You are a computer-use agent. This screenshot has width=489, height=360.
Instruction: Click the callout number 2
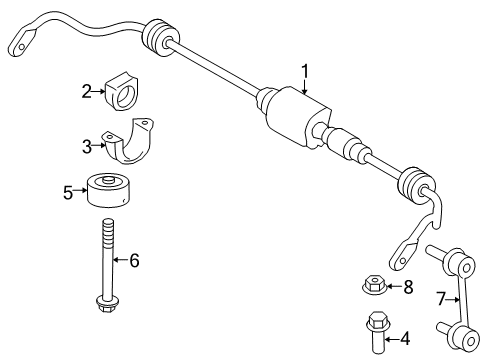(x=87, y=91)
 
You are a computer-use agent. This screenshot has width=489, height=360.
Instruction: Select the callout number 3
(x=87, y=146)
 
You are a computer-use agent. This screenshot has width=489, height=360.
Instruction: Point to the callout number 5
(x=68, y=191)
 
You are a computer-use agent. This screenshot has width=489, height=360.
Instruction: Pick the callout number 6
(x=134, y=261)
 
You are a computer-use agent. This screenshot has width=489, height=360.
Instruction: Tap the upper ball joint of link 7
(x=440, y=254)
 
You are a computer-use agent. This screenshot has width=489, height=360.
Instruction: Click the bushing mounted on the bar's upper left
(x=158, y=37)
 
